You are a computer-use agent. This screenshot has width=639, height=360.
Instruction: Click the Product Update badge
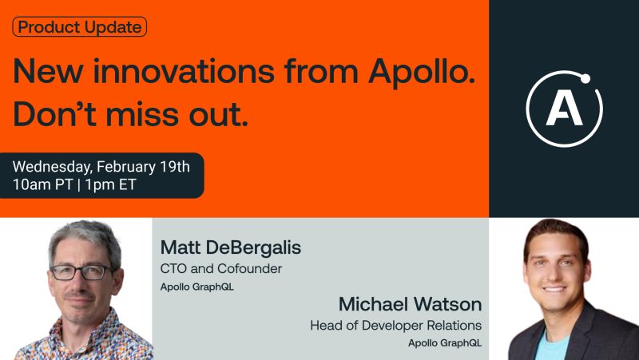[x=80, y=27]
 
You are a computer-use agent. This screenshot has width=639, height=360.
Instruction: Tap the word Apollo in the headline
[x=422, y=72]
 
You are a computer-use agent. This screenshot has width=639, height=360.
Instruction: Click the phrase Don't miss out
[x=131, y=114]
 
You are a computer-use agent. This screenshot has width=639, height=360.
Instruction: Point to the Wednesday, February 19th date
[x=101, y=167]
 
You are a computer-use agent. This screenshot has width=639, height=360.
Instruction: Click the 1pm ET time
[x=110, y=184]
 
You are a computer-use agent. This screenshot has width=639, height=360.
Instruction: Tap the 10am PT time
[x=43, y=184]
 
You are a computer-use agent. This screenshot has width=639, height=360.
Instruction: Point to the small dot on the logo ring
[x=585, y=78]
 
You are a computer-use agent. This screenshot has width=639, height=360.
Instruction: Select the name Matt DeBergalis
[x=231, y=247]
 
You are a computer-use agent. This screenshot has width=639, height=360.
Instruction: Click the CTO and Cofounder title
[x=221, y=269]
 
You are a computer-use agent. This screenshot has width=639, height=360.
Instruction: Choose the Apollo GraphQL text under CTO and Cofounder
[x=197, y=287]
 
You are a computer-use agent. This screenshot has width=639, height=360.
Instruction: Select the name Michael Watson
[x=410, y=304]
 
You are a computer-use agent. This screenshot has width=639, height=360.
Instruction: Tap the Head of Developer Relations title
[x=395, y=326]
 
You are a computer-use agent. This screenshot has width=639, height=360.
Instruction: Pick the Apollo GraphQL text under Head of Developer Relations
[x=445, y=343]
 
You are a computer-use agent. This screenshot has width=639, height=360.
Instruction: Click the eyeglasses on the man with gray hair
[x=81, y=272]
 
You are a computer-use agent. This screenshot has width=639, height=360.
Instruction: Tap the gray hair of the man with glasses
[x=85, y=240]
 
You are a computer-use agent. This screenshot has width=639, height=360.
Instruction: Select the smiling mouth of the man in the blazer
[x=554, y=289]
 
